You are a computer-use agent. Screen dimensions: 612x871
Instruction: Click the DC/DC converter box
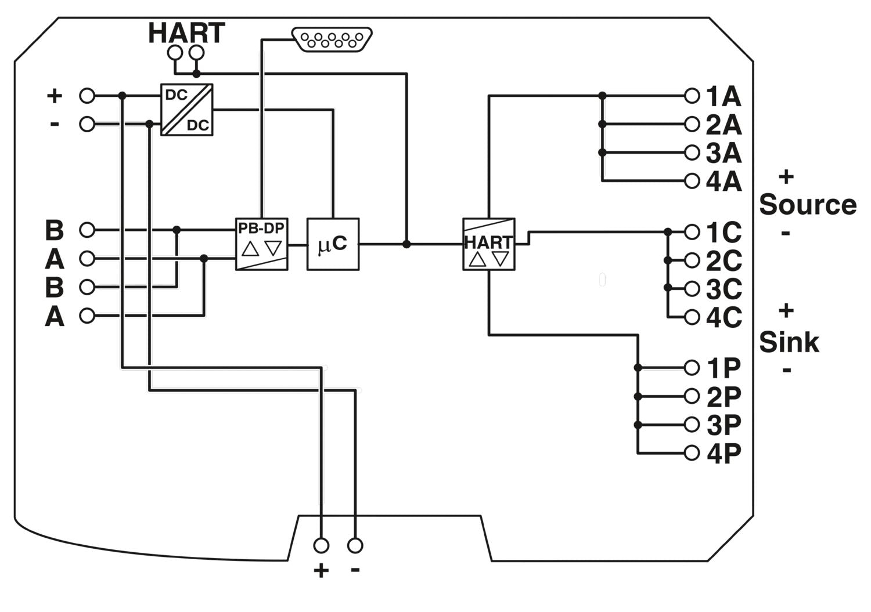187,110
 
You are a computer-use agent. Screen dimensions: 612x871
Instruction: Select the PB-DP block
261,244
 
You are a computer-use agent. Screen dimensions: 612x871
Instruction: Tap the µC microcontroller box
333,244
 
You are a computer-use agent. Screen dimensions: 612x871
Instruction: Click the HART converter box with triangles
488,244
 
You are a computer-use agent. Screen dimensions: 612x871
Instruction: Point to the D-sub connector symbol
332,40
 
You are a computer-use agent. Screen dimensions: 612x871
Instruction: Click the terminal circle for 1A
692,96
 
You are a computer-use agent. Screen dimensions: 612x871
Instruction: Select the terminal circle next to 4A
692,181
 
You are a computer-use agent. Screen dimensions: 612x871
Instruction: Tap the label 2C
724,261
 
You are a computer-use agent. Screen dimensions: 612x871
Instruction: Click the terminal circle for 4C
692,317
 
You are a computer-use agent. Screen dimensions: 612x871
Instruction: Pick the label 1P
724,368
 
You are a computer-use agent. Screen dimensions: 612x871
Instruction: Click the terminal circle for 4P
692,452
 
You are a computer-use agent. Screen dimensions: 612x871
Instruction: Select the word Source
807,205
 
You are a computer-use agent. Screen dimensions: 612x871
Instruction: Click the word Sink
789,342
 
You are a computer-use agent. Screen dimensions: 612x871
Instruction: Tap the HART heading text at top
186,33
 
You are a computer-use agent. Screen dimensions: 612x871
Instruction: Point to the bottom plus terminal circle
321,545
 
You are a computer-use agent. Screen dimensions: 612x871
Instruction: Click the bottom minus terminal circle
355,545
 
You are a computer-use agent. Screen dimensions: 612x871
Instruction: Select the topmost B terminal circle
87,230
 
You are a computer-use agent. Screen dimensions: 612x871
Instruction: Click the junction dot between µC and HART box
406,244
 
